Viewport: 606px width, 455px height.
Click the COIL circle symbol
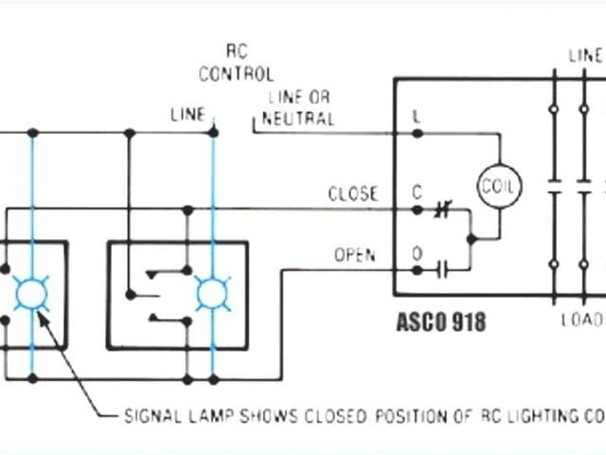pos(498,186)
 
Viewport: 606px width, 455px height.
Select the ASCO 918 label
pos(440,322)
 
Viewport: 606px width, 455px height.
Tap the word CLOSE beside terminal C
pos(352,194)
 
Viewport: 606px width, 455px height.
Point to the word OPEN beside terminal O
pos(354,255)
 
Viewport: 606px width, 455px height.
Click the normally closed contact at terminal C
pos(439,209)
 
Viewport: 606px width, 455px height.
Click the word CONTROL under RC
pos(236,73)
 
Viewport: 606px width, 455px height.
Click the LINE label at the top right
pos(586,55)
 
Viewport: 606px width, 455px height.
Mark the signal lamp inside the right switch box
pos(211,293)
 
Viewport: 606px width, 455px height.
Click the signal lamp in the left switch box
pos(33,293)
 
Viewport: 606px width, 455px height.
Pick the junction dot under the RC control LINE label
pos(213,132)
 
